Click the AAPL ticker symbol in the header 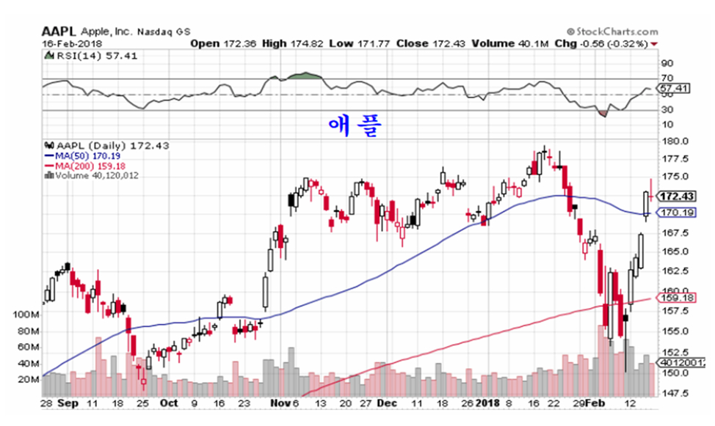58,32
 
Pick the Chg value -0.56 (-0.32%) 609,44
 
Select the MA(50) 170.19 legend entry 80,155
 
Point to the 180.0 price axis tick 673,141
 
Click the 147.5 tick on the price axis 673,392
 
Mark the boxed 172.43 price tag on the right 676,197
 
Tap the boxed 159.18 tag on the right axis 676,298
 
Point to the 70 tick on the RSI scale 666,78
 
